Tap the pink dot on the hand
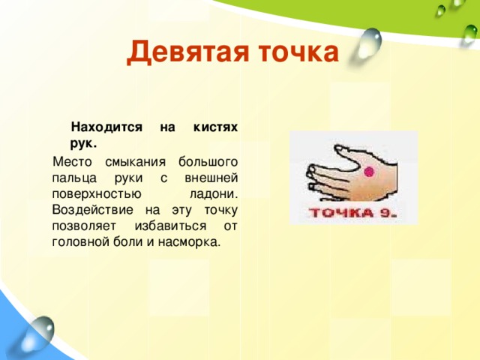click(368, 172)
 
